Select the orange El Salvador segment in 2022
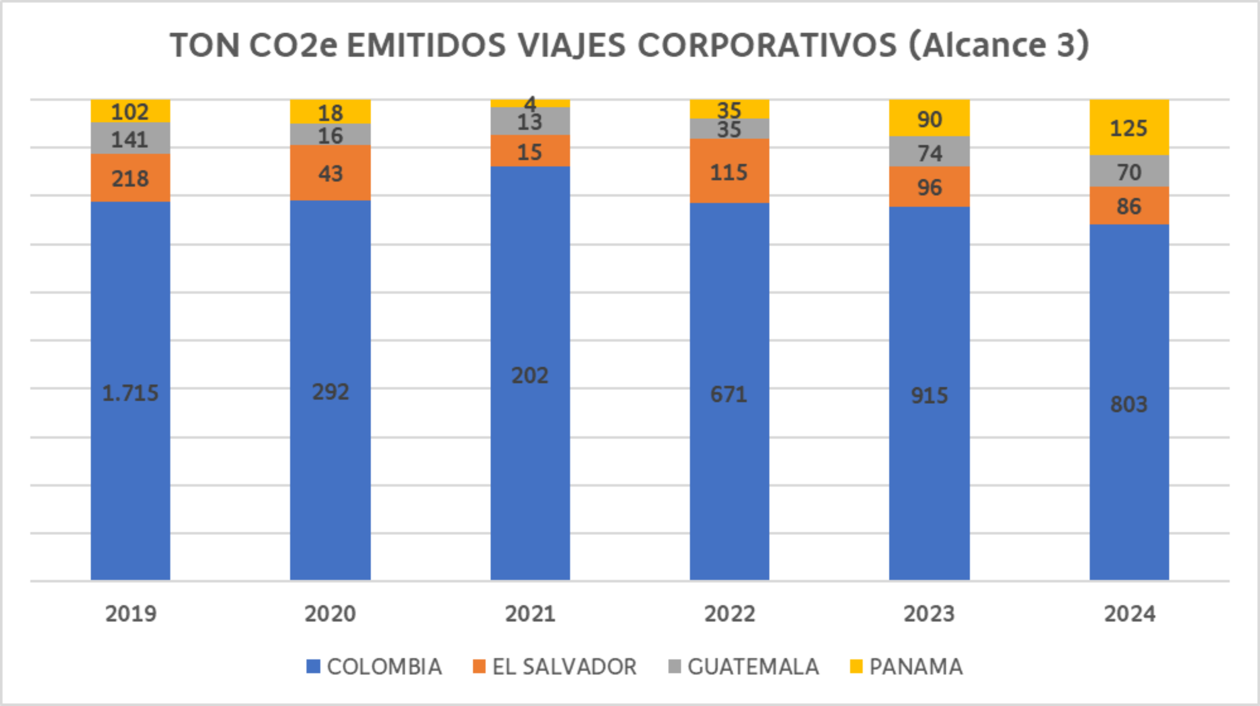[x=729, y=171]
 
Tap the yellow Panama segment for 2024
[x=1129, y=128]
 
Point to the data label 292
[x=330, y=392]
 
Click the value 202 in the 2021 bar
[x=530, y=376]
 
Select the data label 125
[x=1129, y=128]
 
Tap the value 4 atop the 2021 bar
[x=530, y=103]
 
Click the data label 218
[x=130, y=179]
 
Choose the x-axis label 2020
[x=330, y=614]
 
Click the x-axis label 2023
[x=929, y=614]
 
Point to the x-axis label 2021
[x=530, y=614]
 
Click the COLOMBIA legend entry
[x=374, y=667]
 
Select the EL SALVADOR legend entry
[x=555, y=667]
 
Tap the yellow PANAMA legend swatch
[x=856, y=667]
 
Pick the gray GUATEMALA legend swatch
[x=675, y=667]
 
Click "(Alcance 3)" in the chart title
[x=998, y=46]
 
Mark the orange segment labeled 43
[x=330, y=173]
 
